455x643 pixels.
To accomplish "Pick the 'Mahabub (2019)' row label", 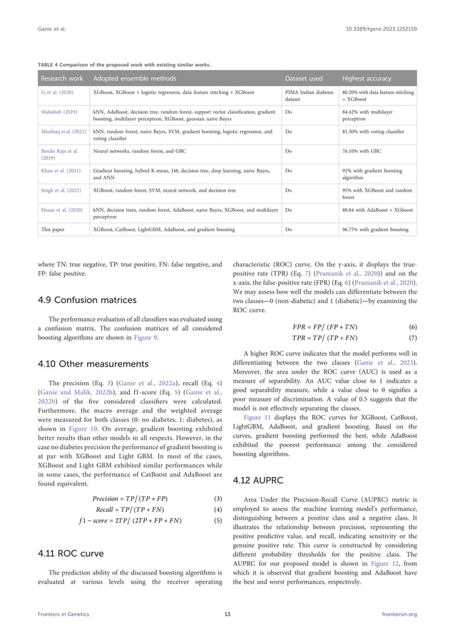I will click(x=58, y=112).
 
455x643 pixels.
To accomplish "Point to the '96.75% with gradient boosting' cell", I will click(x=375, y=230).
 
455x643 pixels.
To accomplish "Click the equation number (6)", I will click(x=412, y=326).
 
